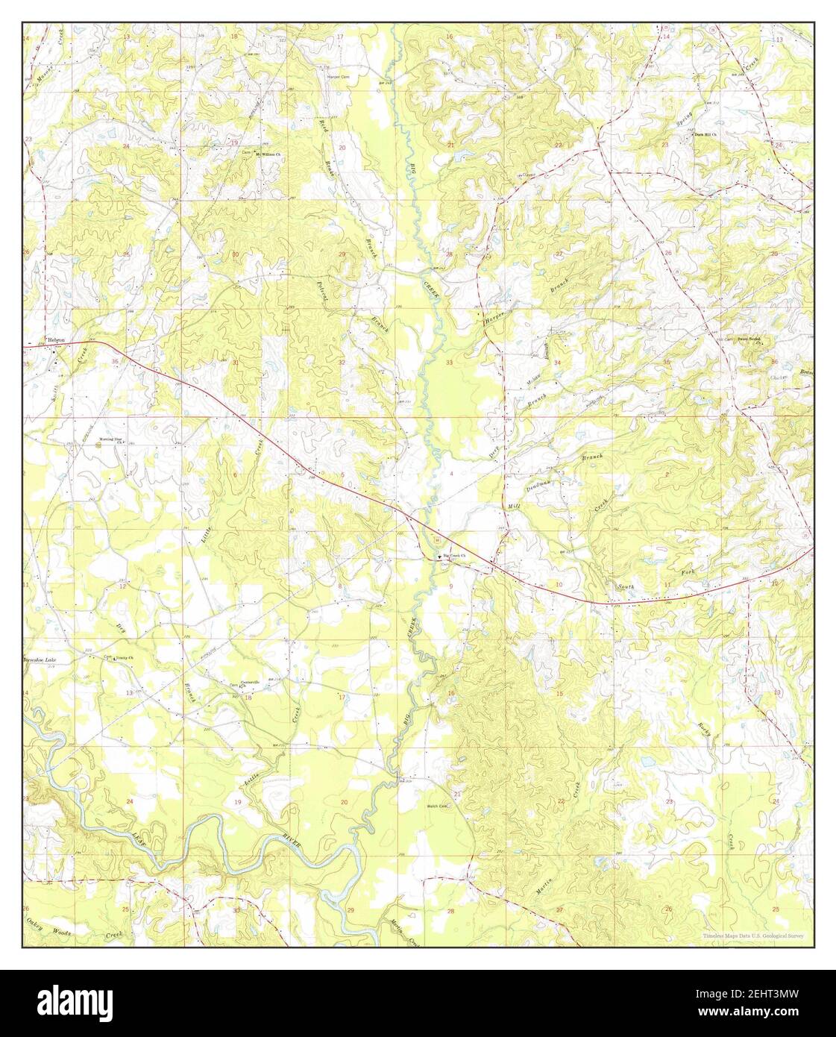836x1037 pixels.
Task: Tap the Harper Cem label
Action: tap(339, 77)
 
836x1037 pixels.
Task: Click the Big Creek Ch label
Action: tap(454, 555)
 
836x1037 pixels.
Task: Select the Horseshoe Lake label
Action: tap(39, 661)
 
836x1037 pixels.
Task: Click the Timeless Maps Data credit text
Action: tap(752, 937)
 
